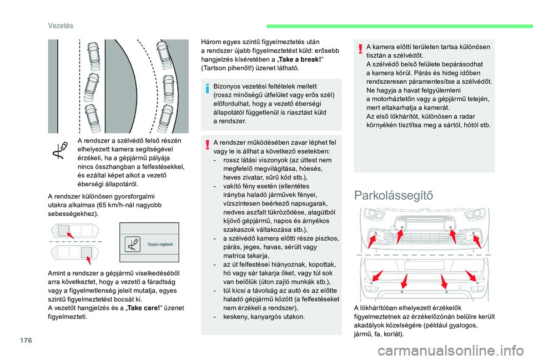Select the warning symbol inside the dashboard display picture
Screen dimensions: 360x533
click(x=134, y=242)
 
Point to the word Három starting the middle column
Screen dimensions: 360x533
click(x=211, y=41)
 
